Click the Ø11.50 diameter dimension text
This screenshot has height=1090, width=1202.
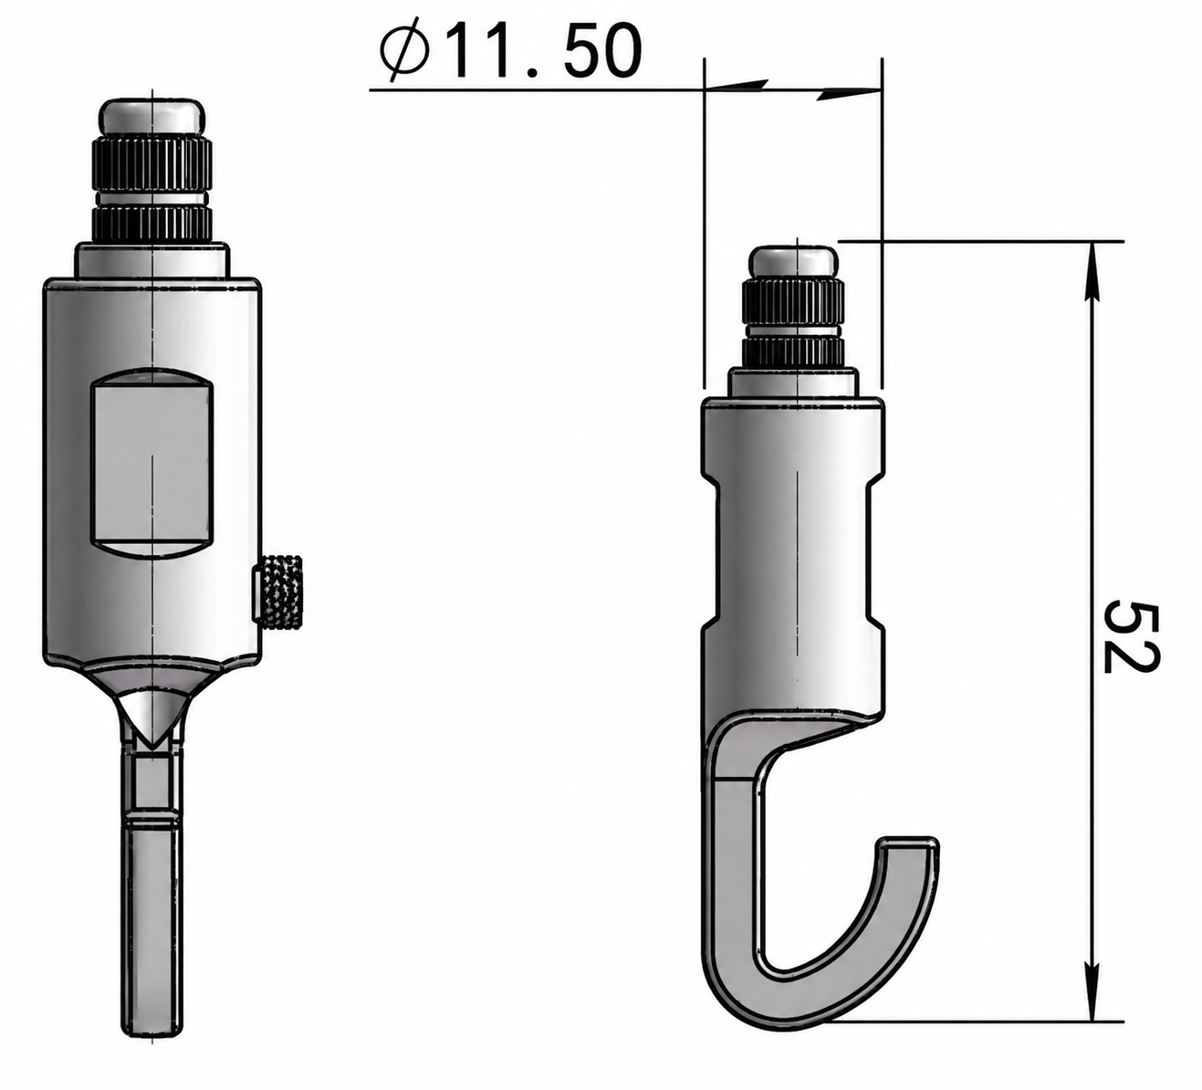[510, 51]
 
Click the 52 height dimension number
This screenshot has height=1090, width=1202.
[1131, 635]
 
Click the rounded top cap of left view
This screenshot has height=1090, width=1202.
[152, 118]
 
